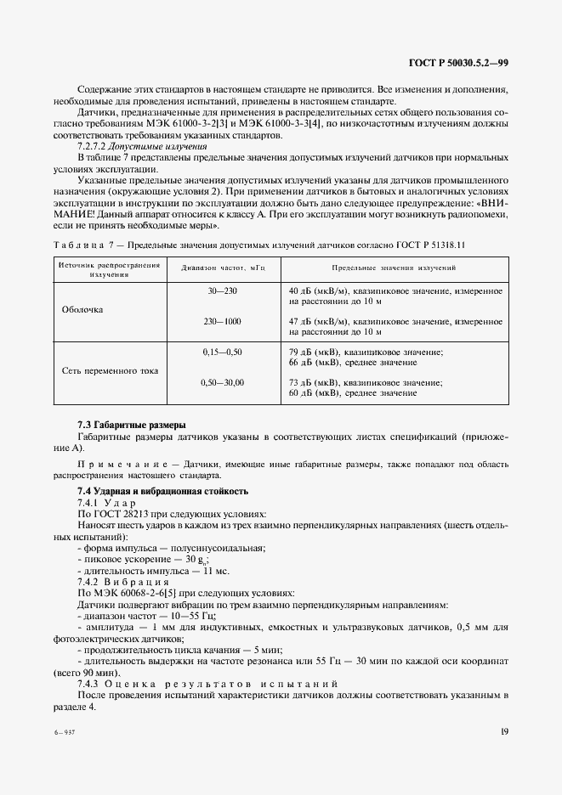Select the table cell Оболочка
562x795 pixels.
coord(82,309)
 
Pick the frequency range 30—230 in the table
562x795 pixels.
coord(222,291)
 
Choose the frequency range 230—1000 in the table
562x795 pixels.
coord(222,323)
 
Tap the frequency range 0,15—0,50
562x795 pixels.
coord(222,351)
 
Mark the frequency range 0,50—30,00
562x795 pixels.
coord(222,383)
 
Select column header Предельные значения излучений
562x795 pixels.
coord(393,267)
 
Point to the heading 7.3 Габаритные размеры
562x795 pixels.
coord(132,425)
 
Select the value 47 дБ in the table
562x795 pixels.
coord(304,323)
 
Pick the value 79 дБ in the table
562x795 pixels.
coord(304,352)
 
